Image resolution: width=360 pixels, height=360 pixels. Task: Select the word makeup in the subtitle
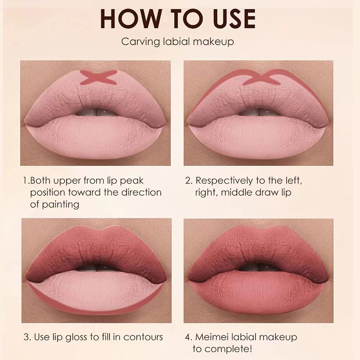pyautogui.click(x=216, y=42)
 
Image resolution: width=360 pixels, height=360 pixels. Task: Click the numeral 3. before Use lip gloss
pyautogui.click(x=26, y=337)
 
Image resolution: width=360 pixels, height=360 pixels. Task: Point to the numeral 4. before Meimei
pyautogui.click(x=188, y=337)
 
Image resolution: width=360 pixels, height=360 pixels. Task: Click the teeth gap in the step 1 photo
pyautogui.click(x=95, y=112)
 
